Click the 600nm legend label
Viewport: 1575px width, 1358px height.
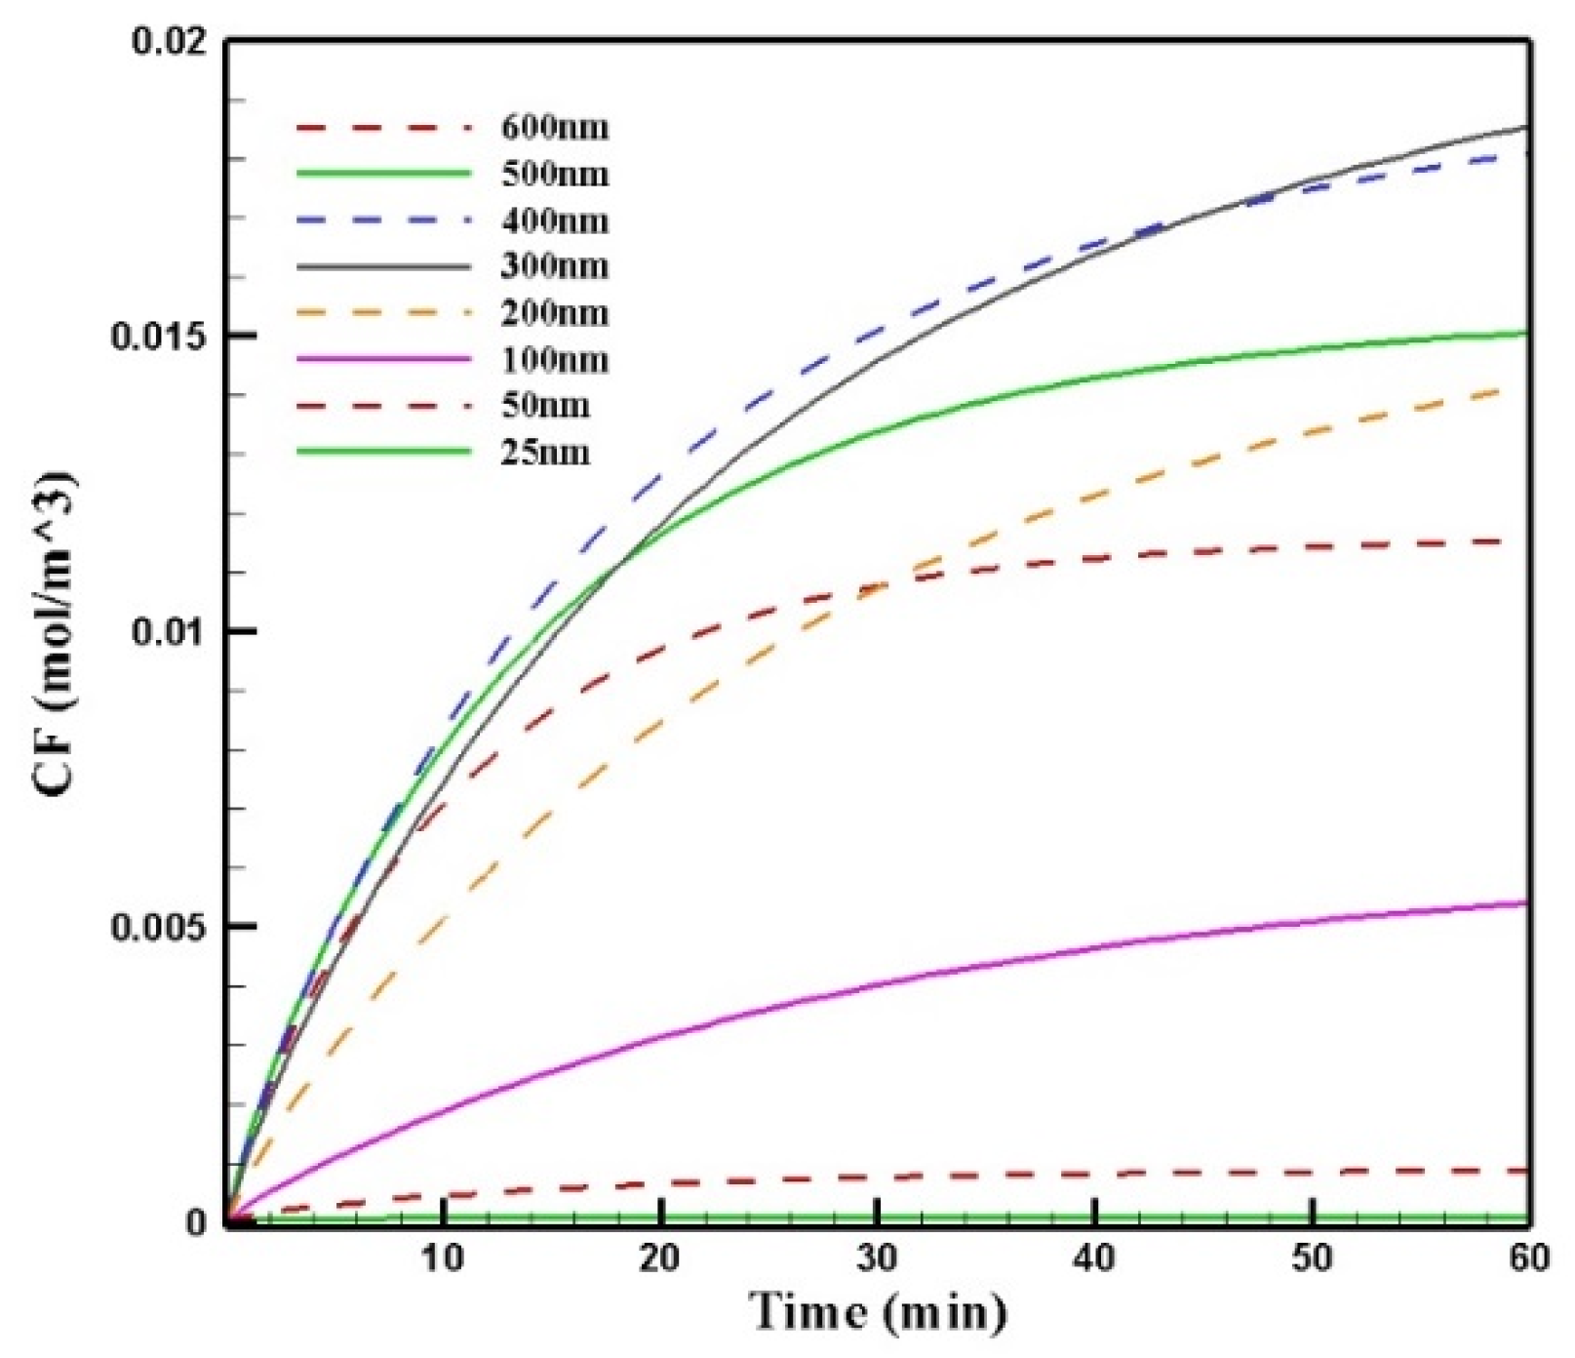555,128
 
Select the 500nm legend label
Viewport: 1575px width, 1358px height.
555,174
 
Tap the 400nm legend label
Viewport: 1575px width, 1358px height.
555,220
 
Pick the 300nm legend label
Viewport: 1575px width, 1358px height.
555,266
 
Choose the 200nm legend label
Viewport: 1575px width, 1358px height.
555,313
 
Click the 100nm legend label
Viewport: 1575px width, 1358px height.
555,360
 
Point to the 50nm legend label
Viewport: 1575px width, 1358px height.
546,405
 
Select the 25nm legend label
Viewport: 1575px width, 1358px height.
546,453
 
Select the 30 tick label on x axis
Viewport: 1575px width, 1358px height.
878,1258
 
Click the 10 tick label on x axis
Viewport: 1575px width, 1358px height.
443,1258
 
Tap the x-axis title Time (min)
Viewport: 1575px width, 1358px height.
878,1312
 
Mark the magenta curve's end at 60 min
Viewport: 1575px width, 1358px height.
1524,902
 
